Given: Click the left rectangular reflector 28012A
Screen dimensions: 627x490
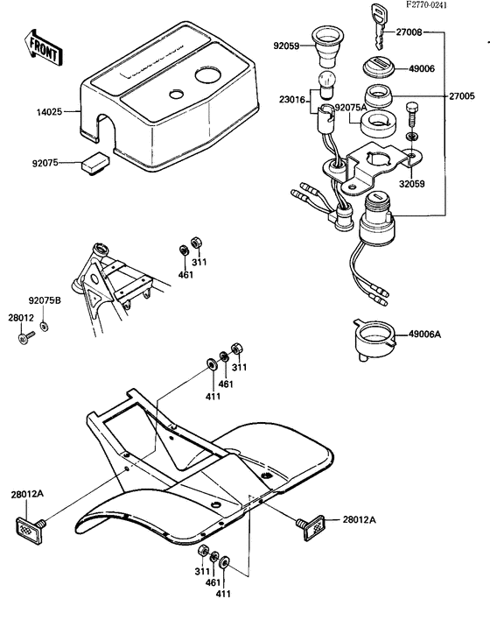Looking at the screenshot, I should click(32, 527).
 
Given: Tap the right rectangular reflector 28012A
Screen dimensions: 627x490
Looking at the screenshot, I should click(311, 524).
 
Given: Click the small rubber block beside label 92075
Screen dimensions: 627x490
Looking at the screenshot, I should click(92, 160).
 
